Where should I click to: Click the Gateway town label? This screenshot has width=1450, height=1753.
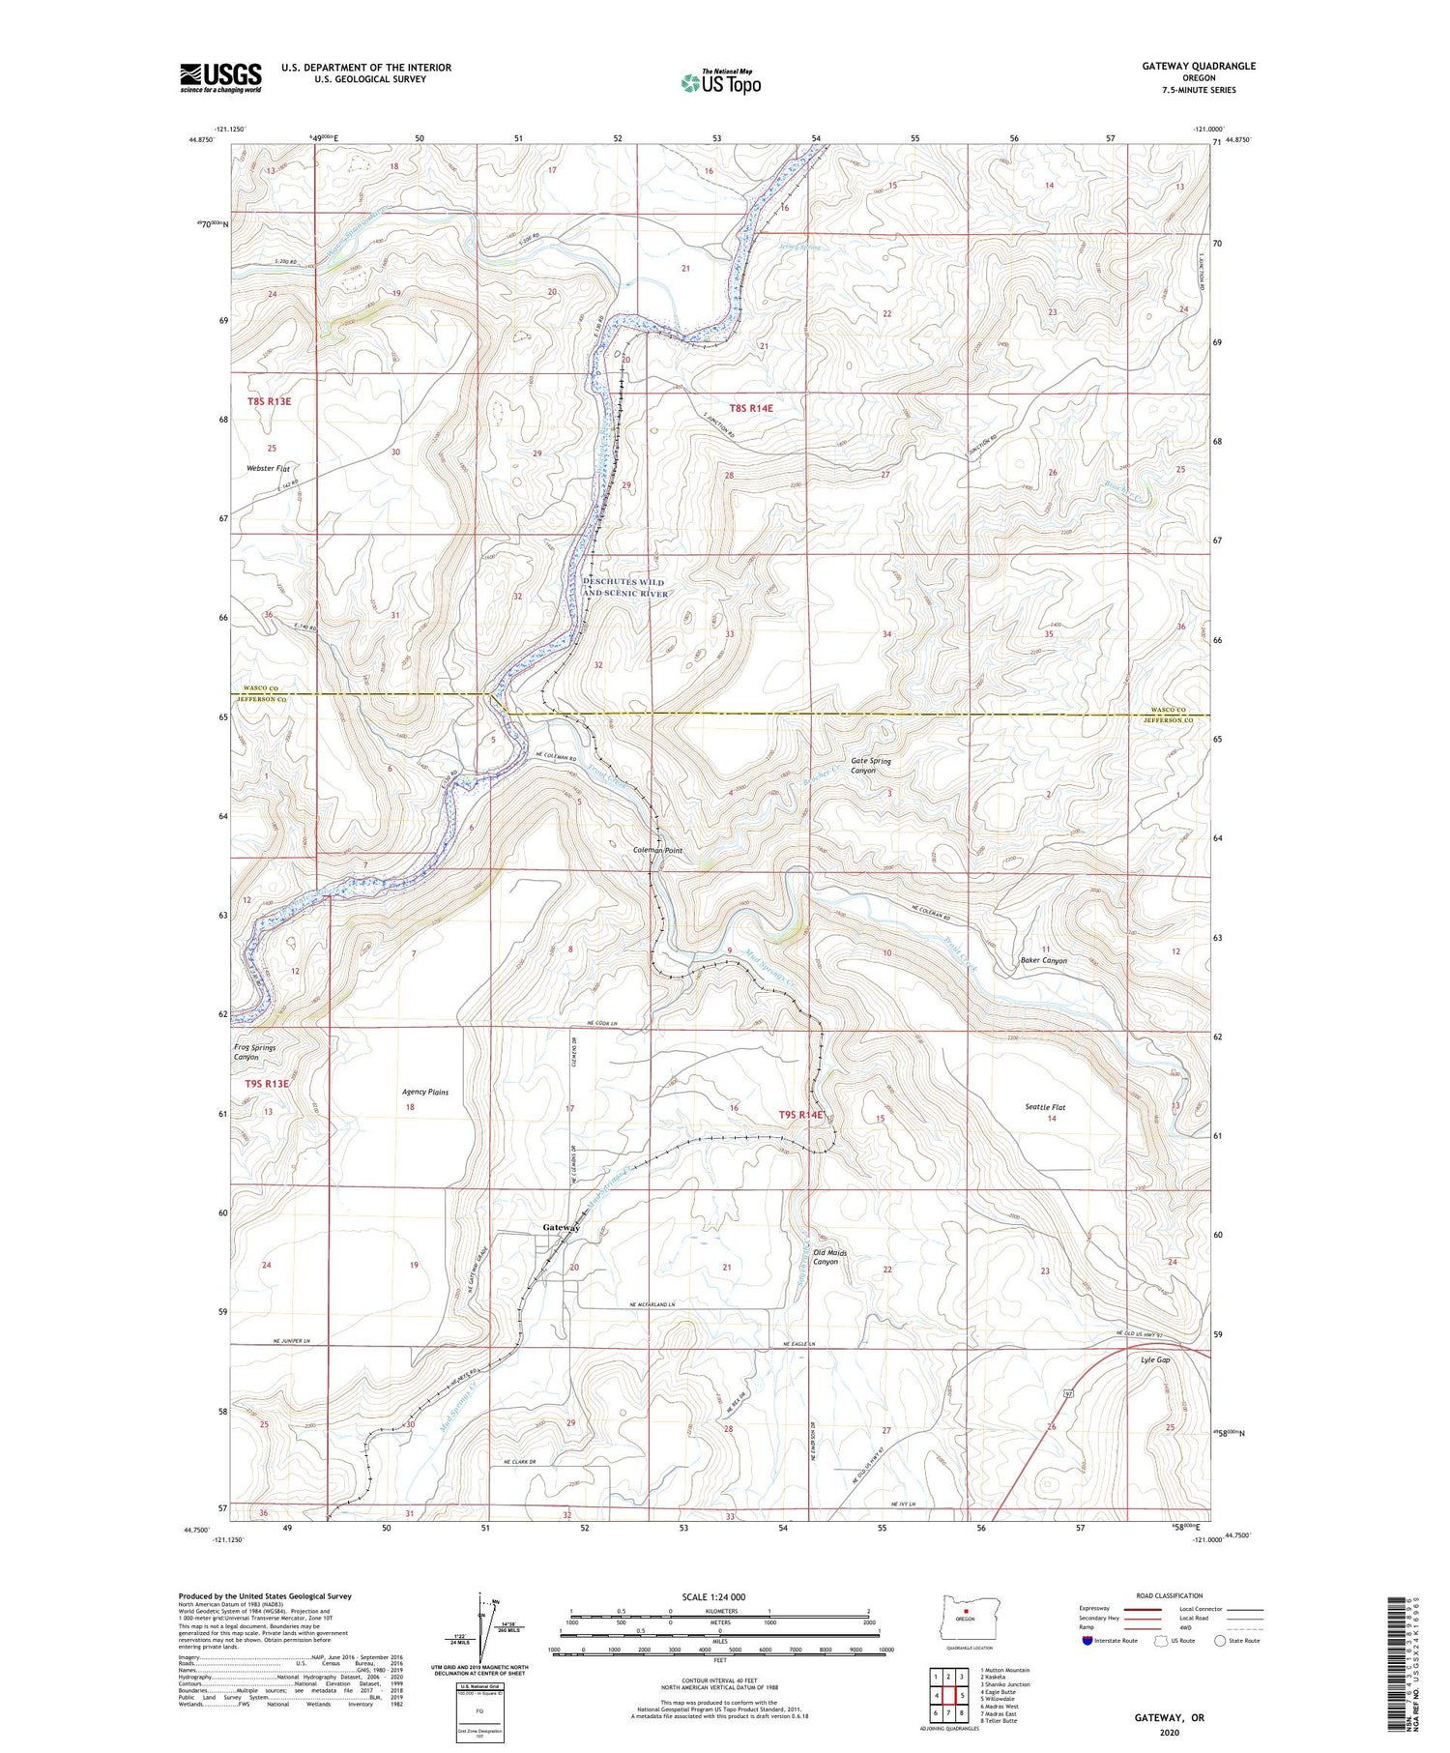click(x=561, y=1227)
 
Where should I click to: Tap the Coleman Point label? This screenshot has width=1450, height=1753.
click(x=657, y=851)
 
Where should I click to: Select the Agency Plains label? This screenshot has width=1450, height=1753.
click(x=425, y=1093)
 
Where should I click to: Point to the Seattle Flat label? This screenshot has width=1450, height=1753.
click(x=1045, y=1107)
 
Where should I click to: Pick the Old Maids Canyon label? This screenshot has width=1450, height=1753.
click(x=830, y=1257)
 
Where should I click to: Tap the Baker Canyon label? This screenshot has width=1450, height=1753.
click(x=1044, y=961)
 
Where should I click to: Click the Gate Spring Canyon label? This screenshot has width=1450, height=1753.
click(x=870, y=766)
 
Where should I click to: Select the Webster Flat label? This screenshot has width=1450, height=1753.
click(x=268, y=468)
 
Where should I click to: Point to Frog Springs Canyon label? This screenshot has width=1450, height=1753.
click(x=254, y=1052)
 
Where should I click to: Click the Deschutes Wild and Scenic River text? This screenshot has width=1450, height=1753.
click(x=625, y=588)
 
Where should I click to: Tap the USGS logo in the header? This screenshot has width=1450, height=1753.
click(x=220, y=77)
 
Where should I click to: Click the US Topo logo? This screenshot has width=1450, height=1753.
click(x=720, y=83)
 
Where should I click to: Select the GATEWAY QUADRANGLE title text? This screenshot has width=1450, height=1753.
click(x=1199, y=66)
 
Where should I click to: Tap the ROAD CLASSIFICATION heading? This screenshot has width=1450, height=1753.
click(x=1170, y=1595)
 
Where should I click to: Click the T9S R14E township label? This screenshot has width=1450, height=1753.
click(x=801, y=1115)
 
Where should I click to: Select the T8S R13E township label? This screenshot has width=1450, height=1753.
click(x=268, y=401)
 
